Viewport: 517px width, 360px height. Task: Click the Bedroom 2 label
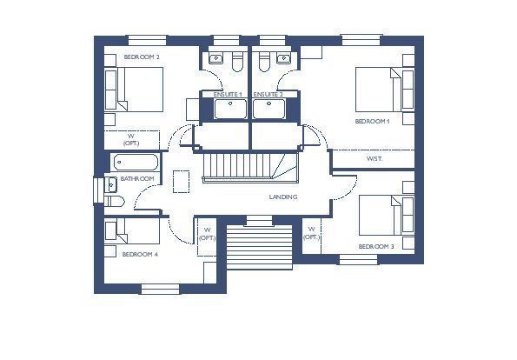tap(142, 57)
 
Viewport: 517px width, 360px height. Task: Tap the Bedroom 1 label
tap(372, 122)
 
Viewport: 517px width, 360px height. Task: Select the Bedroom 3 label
tap(376, 246)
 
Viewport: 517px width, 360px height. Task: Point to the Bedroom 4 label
tap(140, 255)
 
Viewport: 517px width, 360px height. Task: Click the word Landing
tap(283, 197)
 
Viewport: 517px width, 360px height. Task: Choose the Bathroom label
tap(137, 179)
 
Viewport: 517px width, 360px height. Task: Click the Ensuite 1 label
tap(228, 95)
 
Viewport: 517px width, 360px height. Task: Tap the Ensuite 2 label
tap(268, 95)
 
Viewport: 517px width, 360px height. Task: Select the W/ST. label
tap(374, 159)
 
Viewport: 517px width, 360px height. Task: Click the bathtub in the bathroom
tap(136, 163)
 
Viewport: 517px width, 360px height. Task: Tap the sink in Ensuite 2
tap(283, 58)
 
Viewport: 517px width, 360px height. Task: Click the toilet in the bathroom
tap(114, 201)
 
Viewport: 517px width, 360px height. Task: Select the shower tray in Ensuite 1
tap(230, 109)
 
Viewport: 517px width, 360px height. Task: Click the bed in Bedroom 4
tap(132, 231)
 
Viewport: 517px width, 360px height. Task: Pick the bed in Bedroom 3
tap(387, 216)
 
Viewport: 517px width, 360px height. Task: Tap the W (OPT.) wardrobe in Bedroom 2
tap(132, 140)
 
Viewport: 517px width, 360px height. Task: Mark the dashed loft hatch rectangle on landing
tap(181, 182)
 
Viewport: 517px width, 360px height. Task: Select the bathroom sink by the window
tap(111, 185)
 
